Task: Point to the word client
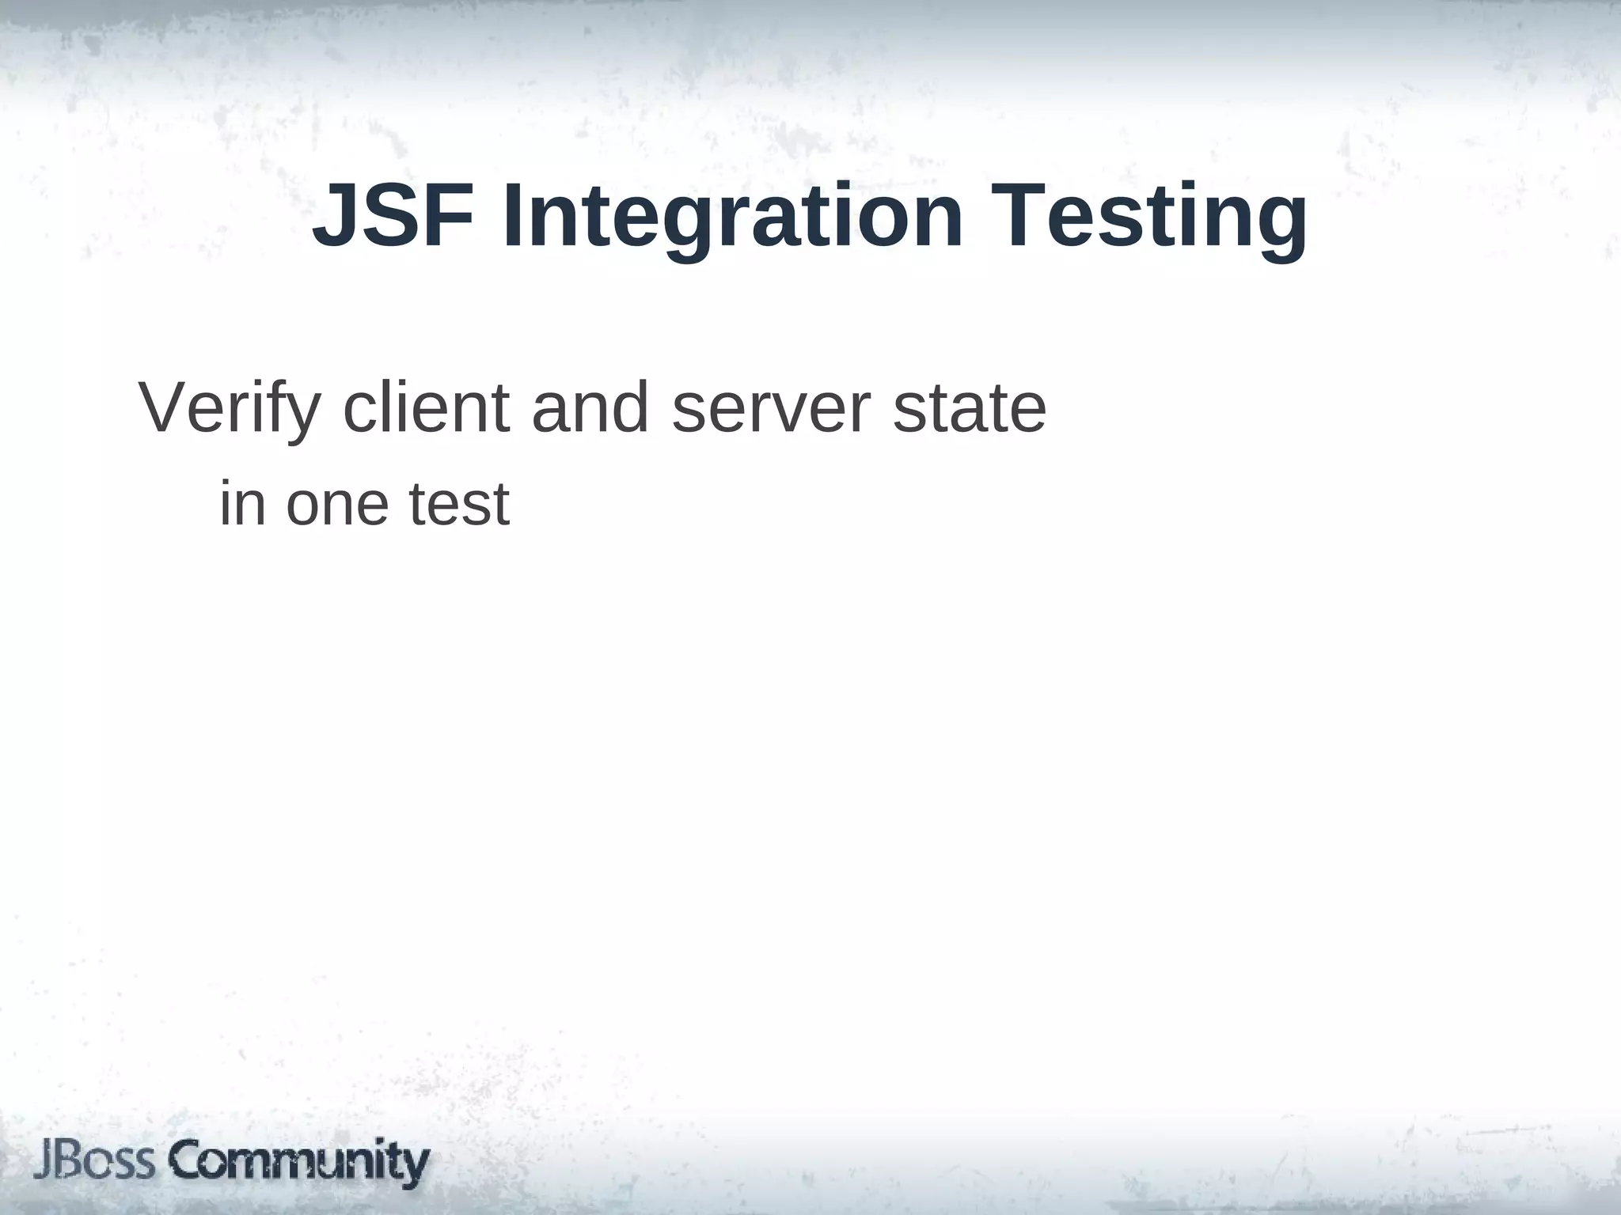pos(427,409)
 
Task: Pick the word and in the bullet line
pos(590,409)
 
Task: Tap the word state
pos(970,409)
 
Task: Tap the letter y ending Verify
pos(306,415)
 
